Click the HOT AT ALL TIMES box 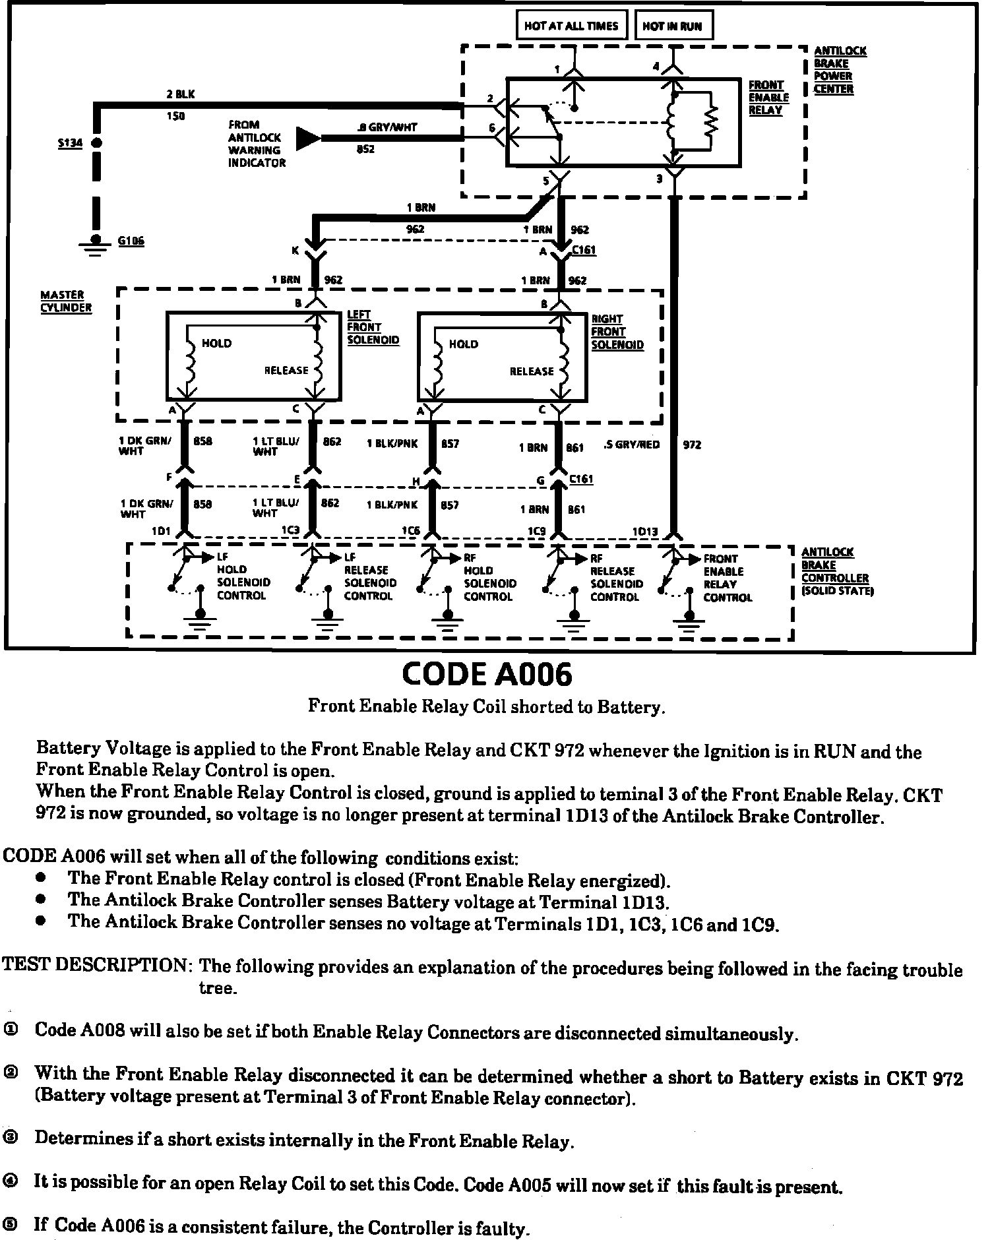click(571, 26)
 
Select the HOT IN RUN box click(672, 26)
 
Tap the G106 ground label click(131, 241)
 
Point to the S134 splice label click(69, 142)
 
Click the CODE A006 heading click(487, 675)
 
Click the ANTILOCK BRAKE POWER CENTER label click(839, 70)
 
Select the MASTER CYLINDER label click(66, 301)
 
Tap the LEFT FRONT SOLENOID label click(373, 328)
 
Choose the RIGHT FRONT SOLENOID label click(617, 332)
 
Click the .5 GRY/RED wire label click(631, 445)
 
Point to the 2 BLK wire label click(180, 95)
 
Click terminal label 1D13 click(644, 532)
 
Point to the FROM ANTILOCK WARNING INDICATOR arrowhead click(307, 139)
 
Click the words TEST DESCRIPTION click(97, 966)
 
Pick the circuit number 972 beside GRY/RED click(691, 445)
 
